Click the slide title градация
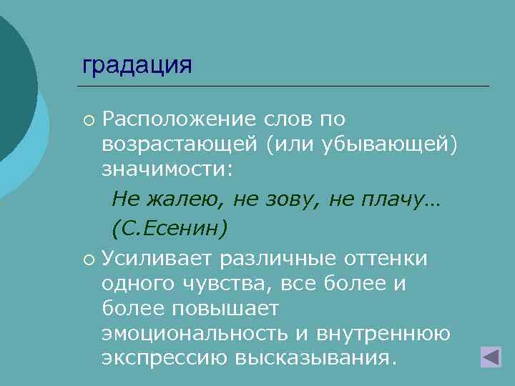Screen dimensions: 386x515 (137, 65)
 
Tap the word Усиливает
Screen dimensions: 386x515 (157, 257)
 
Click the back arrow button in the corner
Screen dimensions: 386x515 (491, 357)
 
